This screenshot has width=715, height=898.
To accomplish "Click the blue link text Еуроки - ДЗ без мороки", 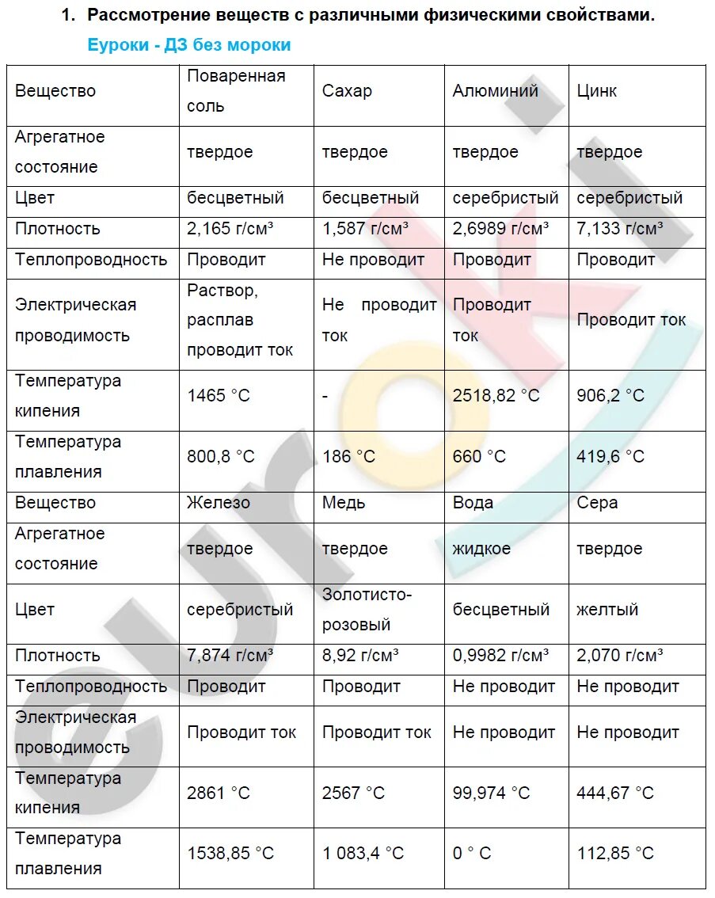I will coord(188,45).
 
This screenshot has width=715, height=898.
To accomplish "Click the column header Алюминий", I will coord(495,91).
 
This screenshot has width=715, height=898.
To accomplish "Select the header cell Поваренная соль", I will coord(235,91).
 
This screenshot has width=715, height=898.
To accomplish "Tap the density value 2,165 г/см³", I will coord(230,229).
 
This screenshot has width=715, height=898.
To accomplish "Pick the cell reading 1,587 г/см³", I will coord(365,229).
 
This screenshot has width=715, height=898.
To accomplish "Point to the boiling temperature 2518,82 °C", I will coord(496,395).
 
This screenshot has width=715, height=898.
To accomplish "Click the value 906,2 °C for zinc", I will coord(610,395).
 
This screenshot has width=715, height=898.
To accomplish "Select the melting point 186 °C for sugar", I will coord(348,457).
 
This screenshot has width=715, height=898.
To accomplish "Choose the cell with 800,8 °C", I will coord(221,457).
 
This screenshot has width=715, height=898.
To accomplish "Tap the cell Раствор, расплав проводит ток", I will coord(240,320).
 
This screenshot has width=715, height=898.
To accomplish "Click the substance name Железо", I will coord(218,503).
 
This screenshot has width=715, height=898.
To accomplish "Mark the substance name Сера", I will coord(597,503).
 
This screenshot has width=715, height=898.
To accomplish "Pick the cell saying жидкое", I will coord(481,549).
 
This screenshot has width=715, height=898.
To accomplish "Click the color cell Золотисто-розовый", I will coord(367,609).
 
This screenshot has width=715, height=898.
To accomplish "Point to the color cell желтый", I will coord(607,610).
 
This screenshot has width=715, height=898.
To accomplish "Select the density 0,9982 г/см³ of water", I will coord(500,656).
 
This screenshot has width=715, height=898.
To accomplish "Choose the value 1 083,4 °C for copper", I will coord(363,854).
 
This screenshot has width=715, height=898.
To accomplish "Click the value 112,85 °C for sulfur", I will coord(615,854).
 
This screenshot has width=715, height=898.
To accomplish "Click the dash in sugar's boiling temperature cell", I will coord(325,395).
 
